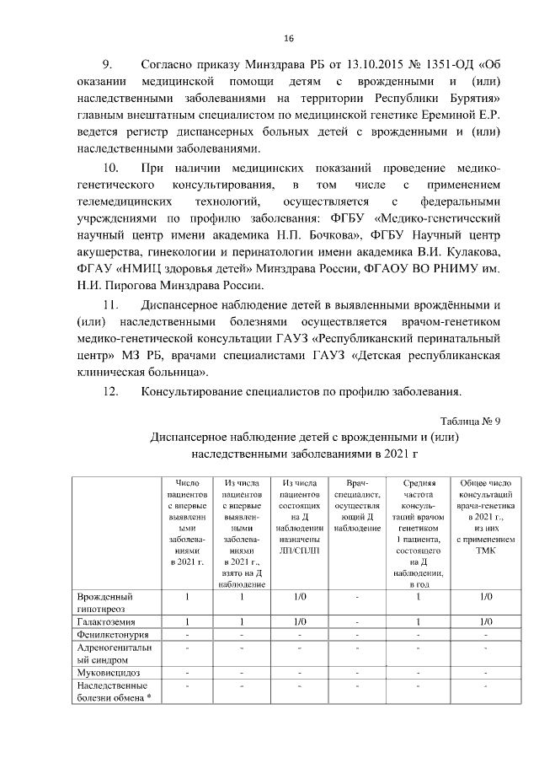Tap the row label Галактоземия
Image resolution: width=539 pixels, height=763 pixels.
tap(105, 621)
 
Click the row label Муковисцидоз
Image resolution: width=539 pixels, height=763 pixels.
tap(106, 673)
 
